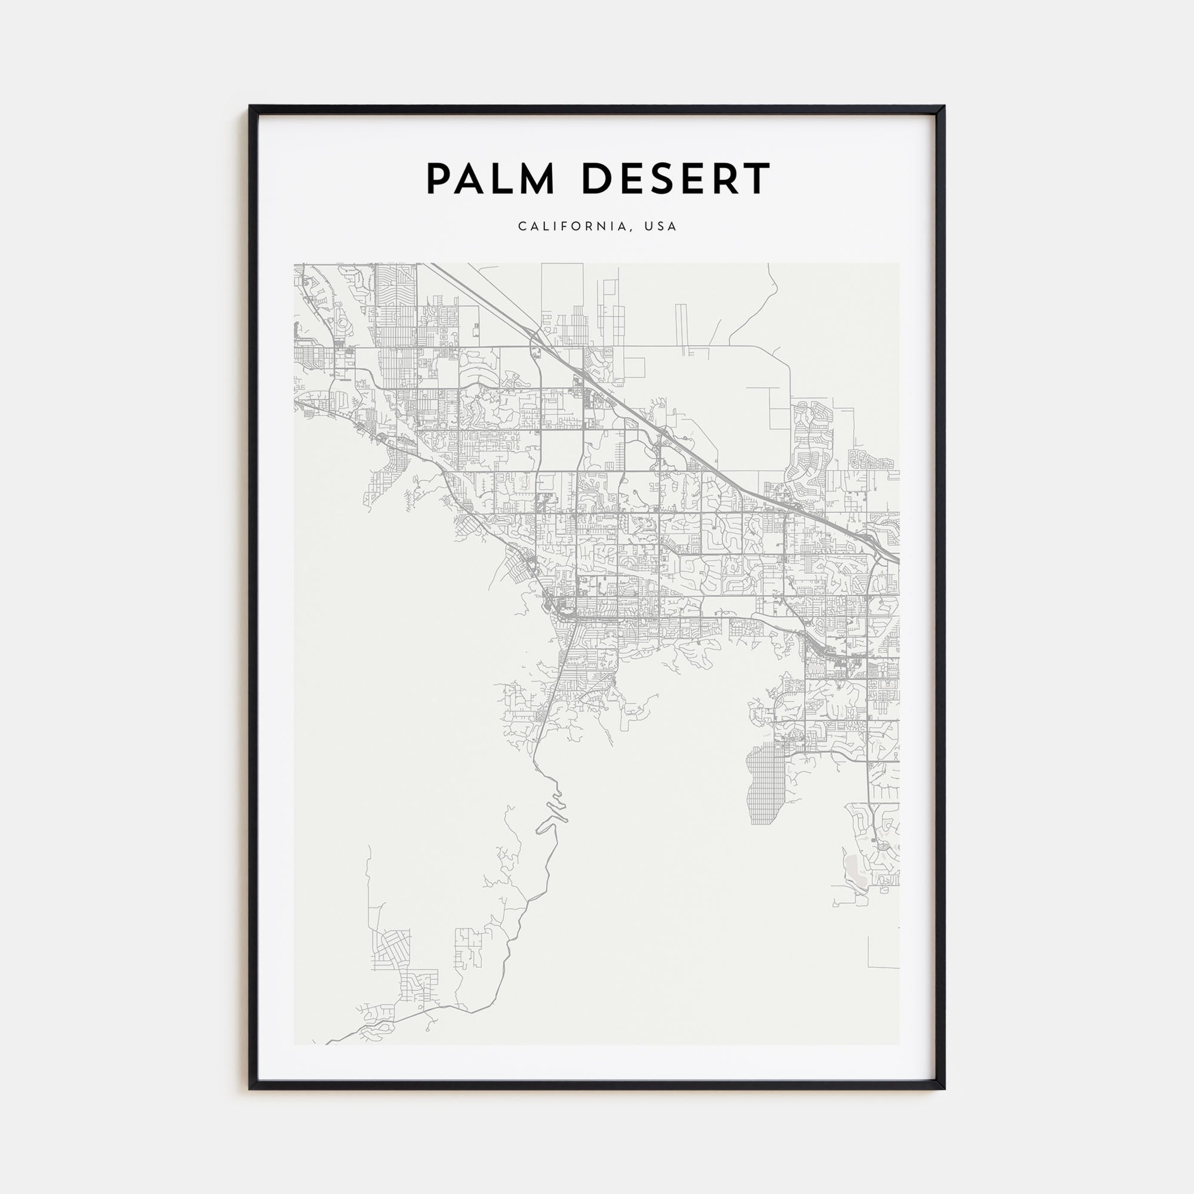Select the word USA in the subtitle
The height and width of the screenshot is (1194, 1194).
click(x=661, y=226)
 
